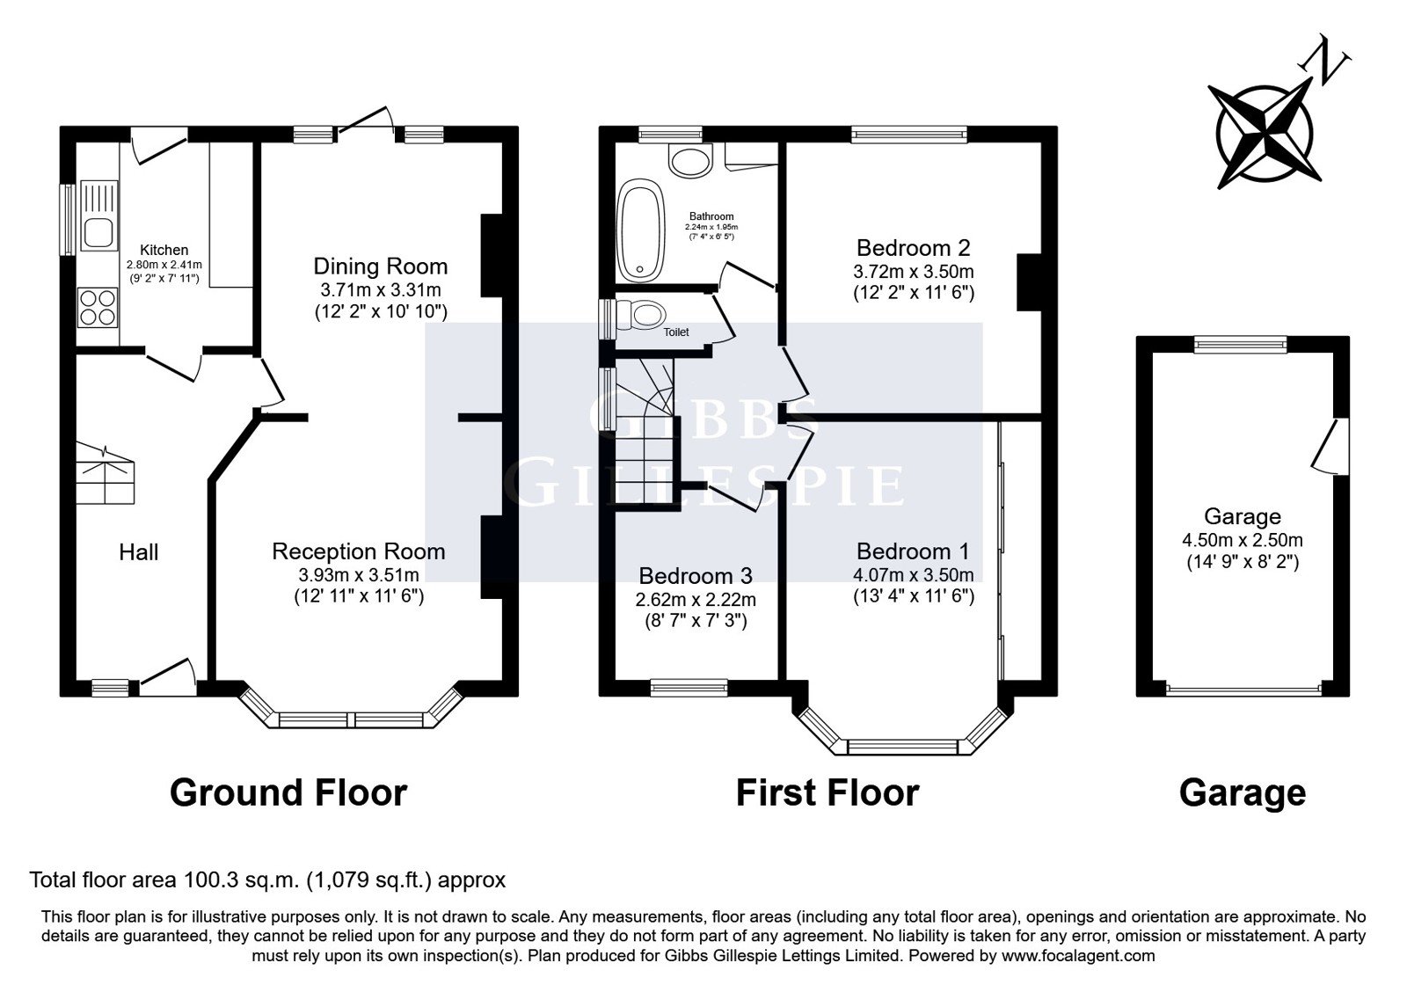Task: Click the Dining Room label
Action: coord(381,266)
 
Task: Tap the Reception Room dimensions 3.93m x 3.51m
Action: coord(359,574)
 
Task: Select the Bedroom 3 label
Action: coord(696,576)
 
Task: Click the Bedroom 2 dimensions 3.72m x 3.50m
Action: coord(914,271)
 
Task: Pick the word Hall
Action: coord(139,552)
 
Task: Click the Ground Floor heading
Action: coord(288,792)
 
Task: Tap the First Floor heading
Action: coord(827,792)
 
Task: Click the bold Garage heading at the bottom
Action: coord(1242,792)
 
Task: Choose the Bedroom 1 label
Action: coord(913,551)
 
